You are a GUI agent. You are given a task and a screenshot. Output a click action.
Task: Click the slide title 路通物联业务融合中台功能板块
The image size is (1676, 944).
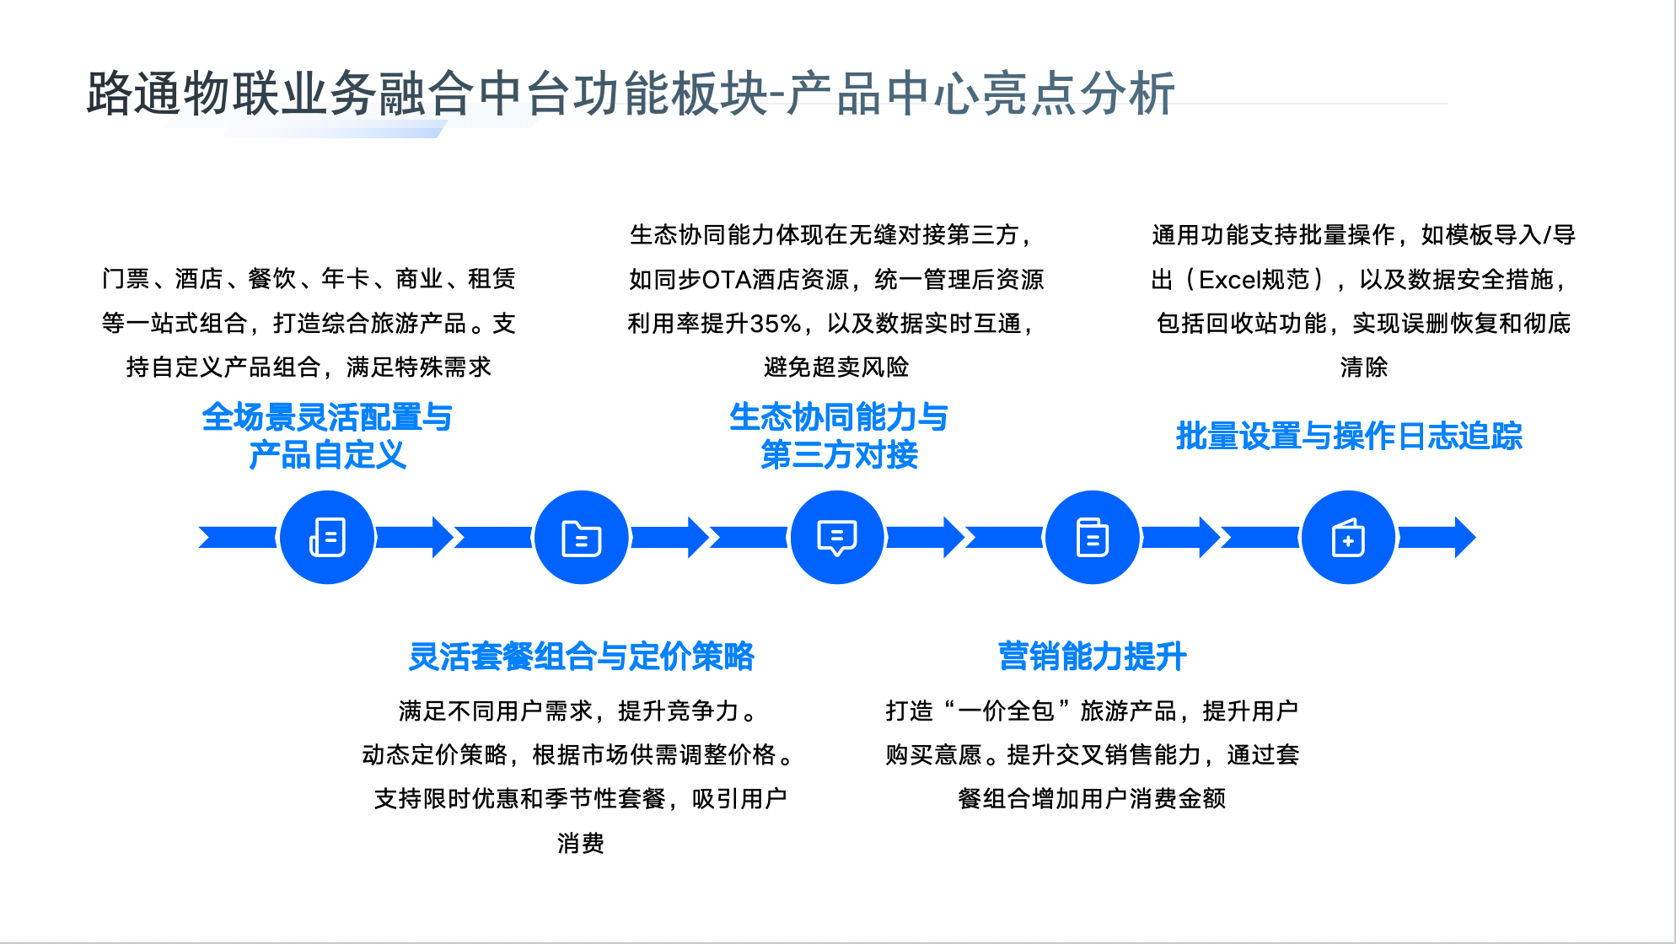pyautogui.click(x=427, y=93)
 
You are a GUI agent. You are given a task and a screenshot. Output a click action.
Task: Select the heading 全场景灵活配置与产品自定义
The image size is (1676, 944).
pyautogui.click(x=327, y=436)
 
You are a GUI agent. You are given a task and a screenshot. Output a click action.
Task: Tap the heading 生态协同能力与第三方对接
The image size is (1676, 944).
pyautogui.click(x=839, y=436)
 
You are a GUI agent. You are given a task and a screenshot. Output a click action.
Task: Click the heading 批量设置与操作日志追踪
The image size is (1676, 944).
pyautogui.click(x=1349, y=436)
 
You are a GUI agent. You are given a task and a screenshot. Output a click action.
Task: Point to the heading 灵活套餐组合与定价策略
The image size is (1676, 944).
pyautogui.click(x=582, y=657)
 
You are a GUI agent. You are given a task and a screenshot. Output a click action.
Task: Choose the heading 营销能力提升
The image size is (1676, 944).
pyautogui.click(x=1093, y=657)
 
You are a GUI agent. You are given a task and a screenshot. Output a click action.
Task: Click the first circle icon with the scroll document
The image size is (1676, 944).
pyautogui.click(x=327, y=537)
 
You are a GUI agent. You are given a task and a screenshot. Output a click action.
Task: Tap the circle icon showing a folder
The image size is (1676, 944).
pyautogui.click(x=582, y=537)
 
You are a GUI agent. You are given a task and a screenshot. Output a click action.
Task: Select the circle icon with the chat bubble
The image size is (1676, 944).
pyautogui.click(x=837, y=537)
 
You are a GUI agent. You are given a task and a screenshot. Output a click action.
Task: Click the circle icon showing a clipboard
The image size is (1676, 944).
pyautogui.click(x=1093, y=537)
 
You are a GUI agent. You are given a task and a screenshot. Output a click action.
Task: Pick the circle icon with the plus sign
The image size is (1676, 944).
pyautogui.click(x=1348, y=537)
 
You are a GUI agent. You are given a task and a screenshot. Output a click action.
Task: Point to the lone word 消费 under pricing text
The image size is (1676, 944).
pyautogui.click(x=581, y=843)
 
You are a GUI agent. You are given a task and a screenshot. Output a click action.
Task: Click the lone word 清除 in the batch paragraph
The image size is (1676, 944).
pyautogui.click(x=1364, y=367)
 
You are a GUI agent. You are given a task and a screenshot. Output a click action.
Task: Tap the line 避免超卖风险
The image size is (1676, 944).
pyautogui.click(x=836, y=367)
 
